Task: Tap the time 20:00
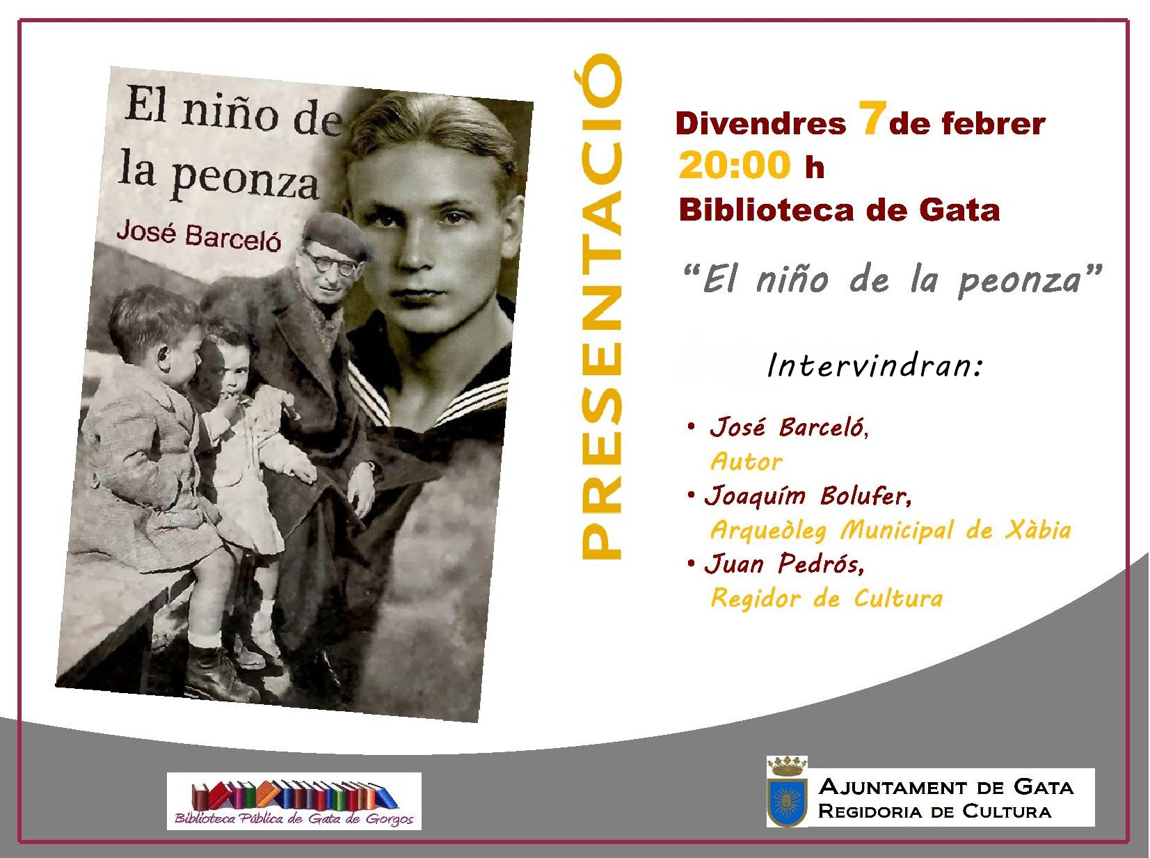pos(735,165)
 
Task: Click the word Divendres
pos(760,124)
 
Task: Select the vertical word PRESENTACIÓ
pos(602,306)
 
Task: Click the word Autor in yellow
pos(746,461)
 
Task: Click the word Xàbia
pos(1037,530)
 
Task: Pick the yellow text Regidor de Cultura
pos(826,598)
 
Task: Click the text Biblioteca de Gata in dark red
pos(839,211)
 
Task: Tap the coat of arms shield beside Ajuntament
pos(785,801)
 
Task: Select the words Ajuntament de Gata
pos(946,787)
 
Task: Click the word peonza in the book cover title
pos(245,179)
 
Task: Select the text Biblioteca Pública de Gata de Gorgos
pos(294,819)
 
